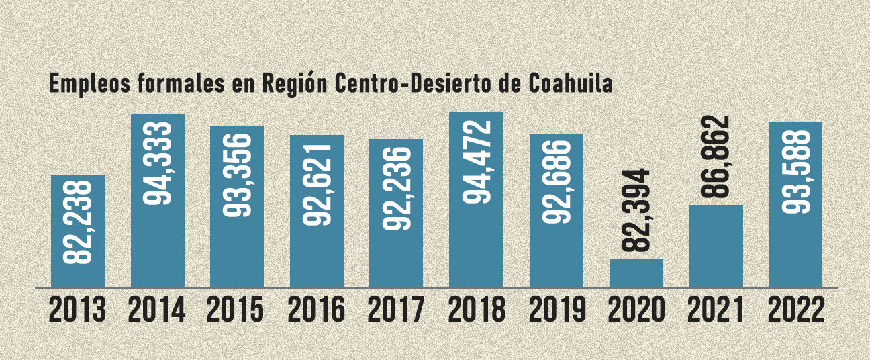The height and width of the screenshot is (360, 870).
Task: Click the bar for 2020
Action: coord(636,273)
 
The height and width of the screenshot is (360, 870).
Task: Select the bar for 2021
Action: coord(716,246)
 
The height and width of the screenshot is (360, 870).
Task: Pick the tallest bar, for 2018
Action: coord(476,199)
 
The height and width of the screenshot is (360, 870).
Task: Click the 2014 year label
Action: coord(157,310)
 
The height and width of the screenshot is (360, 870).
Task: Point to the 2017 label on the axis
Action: coord(396,310)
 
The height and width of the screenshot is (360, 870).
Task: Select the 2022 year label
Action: coord(795,310)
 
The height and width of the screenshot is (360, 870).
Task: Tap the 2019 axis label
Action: coord(556,310)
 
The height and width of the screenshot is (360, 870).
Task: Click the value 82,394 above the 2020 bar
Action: coord(636,210)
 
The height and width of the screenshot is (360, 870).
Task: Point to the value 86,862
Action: coord(716,157)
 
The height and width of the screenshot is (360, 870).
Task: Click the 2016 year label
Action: coord(317,310)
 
